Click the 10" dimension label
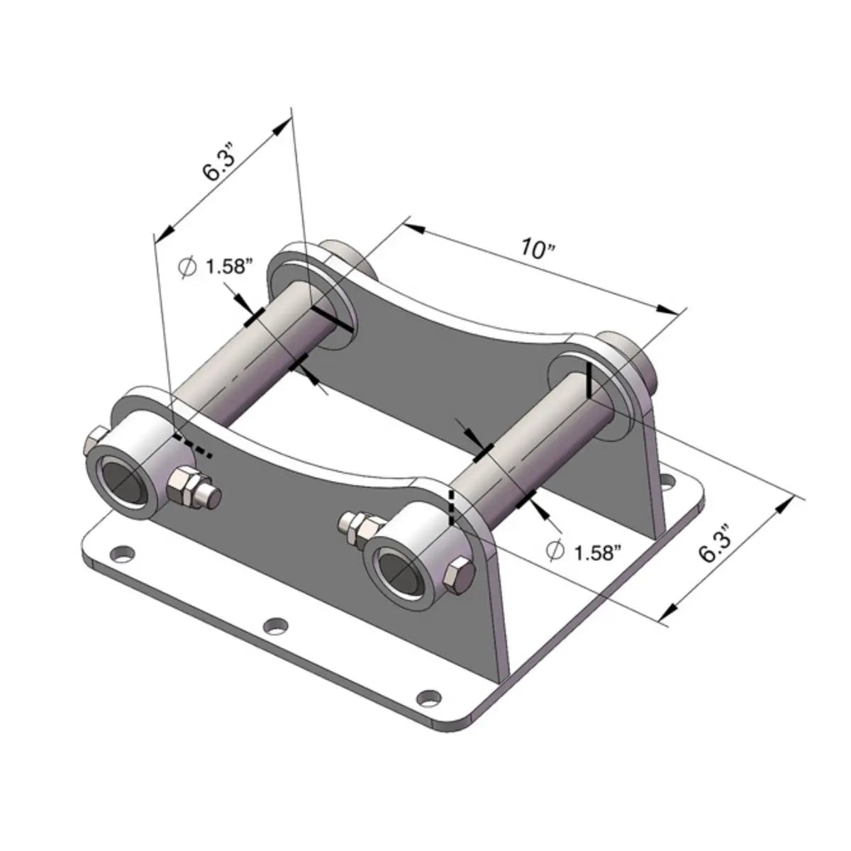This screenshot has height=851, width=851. coord(536,248)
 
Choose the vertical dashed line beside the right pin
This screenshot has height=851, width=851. coord(450,506)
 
